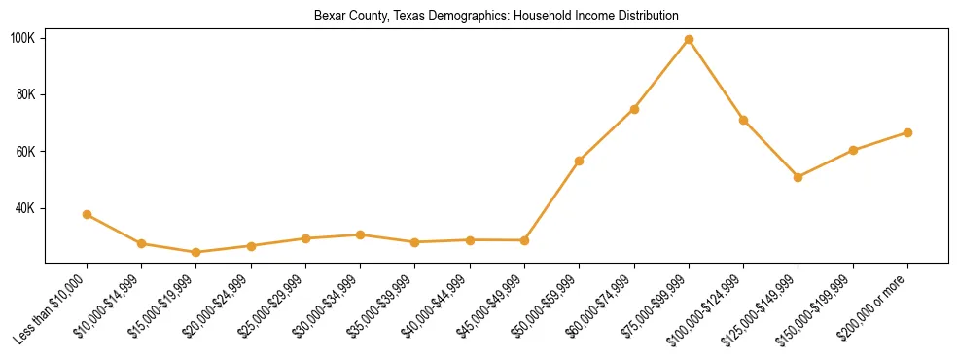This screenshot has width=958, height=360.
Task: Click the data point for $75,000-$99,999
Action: [689, 40]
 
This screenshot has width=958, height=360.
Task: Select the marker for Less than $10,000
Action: [88, 214]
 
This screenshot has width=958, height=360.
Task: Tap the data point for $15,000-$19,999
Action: [196, 252]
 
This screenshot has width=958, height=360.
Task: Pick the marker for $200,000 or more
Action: [907, 132]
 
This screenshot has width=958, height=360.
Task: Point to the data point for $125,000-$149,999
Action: [798, 177]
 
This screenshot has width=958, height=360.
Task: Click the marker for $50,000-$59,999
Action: [579, 161]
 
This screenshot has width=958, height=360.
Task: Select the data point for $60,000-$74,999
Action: [634, 109]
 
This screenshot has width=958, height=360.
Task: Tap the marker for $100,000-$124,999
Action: [743, 120]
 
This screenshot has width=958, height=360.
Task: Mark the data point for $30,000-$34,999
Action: [361, 234]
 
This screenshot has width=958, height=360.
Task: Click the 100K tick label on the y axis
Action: [23, 38]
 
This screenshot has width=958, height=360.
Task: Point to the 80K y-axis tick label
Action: [26, 94]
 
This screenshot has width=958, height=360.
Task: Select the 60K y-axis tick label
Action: [26, 152]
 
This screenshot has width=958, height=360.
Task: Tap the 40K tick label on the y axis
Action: [26, 208]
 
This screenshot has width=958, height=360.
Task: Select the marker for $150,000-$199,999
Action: [853, 150]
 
